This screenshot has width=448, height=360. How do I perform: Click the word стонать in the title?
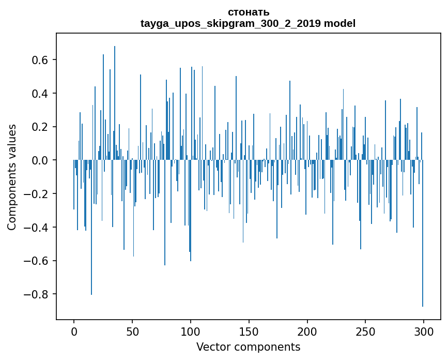click(x=248, y=12)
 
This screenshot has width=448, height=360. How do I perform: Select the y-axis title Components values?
click(x=12, y=177)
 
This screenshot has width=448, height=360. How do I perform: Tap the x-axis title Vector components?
click(x=248, y=347)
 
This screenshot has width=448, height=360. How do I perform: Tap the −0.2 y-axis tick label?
click(x=37, y=194)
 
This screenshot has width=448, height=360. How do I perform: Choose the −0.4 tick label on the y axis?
click(x=37, y=227)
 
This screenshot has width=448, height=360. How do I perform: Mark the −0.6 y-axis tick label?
click(x=37, y=261)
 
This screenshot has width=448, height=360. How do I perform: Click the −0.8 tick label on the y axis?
click(x=37, y=294)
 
